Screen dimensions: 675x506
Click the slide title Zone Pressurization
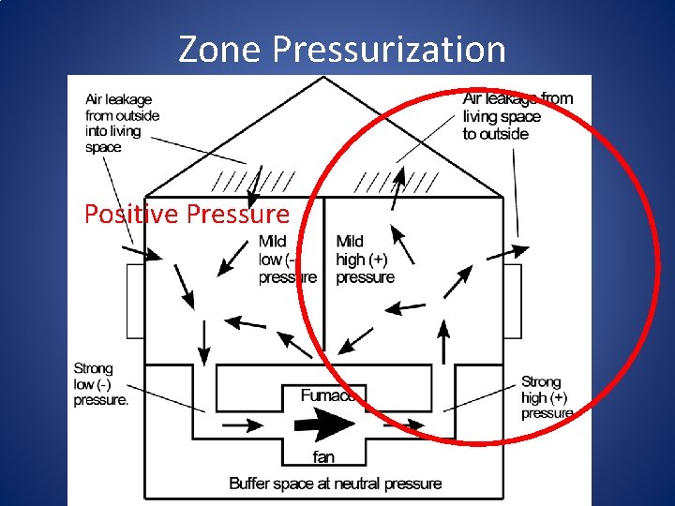pyautogui.click(x=341, y=49)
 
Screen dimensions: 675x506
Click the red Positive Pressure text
pyautogui.click(x=187, y=215)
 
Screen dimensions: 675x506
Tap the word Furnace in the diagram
pyautogui.click(x=328, y=395)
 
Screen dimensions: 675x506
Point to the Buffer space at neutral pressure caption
pyautogui.click(x=335, y=484)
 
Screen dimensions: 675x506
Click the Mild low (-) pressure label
pyautogui.click(x=286, y=260)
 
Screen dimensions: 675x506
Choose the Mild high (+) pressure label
pyautogui.click(x=365, y=260)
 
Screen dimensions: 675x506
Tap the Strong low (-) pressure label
pyautogui.click(x=100, y=384)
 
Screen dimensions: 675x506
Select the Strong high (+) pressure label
pyautogui.click(x=547, y=397)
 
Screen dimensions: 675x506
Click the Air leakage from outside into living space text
pyautogui.click(x=122, y=123)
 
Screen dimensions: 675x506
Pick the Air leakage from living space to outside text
pyautogui.click(x=517, y=116)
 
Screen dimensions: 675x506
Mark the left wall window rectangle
pyautogui.click(x=135, y=300)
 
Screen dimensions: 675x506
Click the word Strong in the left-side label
pyautogui.click(x=93, y=368)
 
